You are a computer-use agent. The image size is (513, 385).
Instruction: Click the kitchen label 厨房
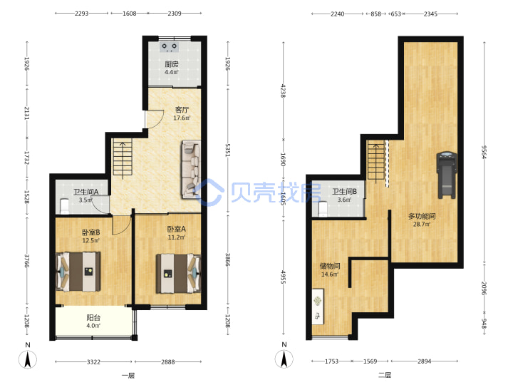[x=172, y=64]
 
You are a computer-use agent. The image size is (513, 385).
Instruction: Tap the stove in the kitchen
[x=169, y=47]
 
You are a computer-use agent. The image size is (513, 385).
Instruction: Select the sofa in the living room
[x=191, y=170]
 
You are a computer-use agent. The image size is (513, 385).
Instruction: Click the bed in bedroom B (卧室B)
[x=78, y=272]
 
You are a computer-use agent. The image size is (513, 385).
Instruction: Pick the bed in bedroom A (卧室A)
[x=178, y=274]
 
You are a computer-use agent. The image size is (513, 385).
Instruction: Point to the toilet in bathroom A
[x=65, y=206]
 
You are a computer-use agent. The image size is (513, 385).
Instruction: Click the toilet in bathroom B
[x=323, y=209]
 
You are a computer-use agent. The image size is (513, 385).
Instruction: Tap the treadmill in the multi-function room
[x=446, y=175]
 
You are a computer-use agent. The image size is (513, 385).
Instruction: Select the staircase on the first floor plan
[x=123, y=157]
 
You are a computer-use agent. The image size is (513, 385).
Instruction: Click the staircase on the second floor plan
[x=376, y=160]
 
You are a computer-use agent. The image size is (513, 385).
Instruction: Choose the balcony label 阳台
[x=93, y=317]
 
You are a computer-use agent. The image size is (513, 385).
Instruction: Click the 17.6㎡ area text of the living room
[x=182, y=118]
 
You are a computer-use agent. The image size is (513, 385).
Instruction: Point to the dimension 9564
[x=484, y=152]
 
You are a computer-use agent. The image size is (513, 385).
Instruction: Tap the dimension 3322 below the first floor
[x=93, y=361]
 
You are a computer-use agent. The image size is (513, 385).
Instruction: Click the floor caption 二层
[x=385, y=375]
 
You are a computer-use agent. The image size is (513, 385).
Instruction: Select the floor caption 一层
[x=128, y=376]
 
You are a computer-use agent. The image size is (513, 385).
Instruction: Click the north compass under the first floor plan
[x=28, y=359]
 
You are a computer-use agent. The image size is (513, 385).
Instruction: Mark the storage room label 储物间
[x=330, y=266]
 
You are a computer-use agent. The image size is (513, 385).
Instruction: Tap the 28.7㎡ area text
[x=422, y=225]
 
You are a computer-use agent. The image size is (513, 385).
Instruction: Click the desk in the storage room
[x=318, y=307]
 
